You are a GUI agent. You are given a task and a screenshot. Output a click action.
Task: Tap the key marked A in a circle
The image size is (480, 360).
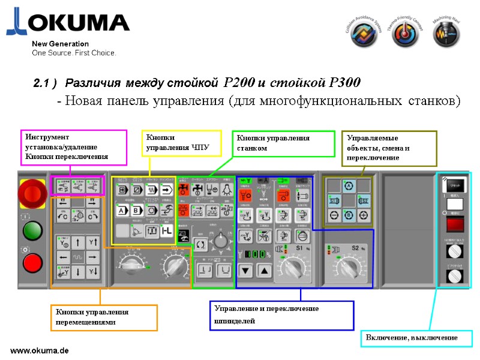349,185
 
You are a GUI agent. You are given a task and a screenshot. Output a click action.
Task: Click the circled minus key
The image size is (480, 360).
334,214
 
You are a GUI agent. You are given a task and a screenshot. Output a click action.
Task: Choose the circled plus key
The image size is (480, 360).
363,214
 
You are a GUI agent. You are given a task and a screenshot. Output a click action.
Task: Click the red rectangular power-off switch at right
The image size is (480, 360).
454,225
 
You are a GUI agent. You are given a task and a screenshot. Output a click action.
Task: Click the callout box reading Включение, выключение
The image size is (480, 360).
412,338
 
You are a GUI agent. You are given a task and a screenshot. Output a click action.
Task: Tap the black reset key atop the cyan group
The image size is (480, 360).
454,185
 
